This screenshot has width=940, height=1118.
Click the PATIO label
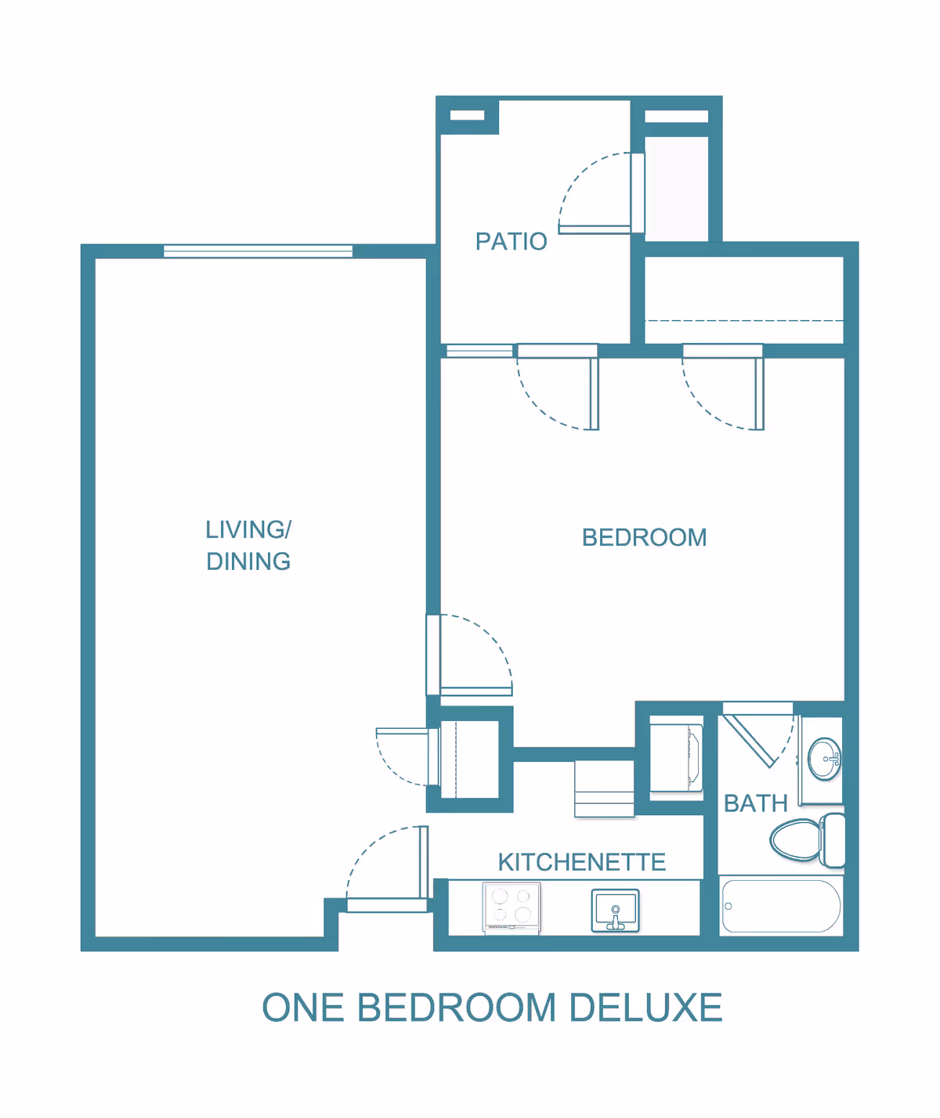511,241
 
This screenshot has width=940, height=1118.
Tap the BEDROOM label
644,538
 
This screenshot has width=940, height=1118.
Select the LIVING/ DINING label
248,546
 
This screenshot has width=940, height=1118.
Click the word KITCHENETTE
581,862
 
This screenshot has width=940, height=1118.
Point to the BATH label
755,803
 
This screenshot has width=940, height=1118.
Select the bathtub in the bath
781,906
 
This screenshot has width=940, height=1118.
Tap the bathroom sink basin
824,759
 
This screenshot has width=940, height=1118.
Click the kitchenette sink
615,911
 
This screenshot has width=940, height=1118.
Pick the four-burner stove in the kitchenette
512,907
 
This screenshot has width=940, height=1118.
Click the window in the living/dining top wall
258,251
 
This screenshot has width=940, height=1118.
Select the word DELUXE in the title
645,1008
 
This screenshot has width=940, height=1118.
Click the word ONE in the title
303,1008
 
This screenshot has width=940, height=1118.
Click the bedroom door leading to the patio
594,391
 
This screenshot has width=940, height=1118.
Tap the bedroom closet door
758,391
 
